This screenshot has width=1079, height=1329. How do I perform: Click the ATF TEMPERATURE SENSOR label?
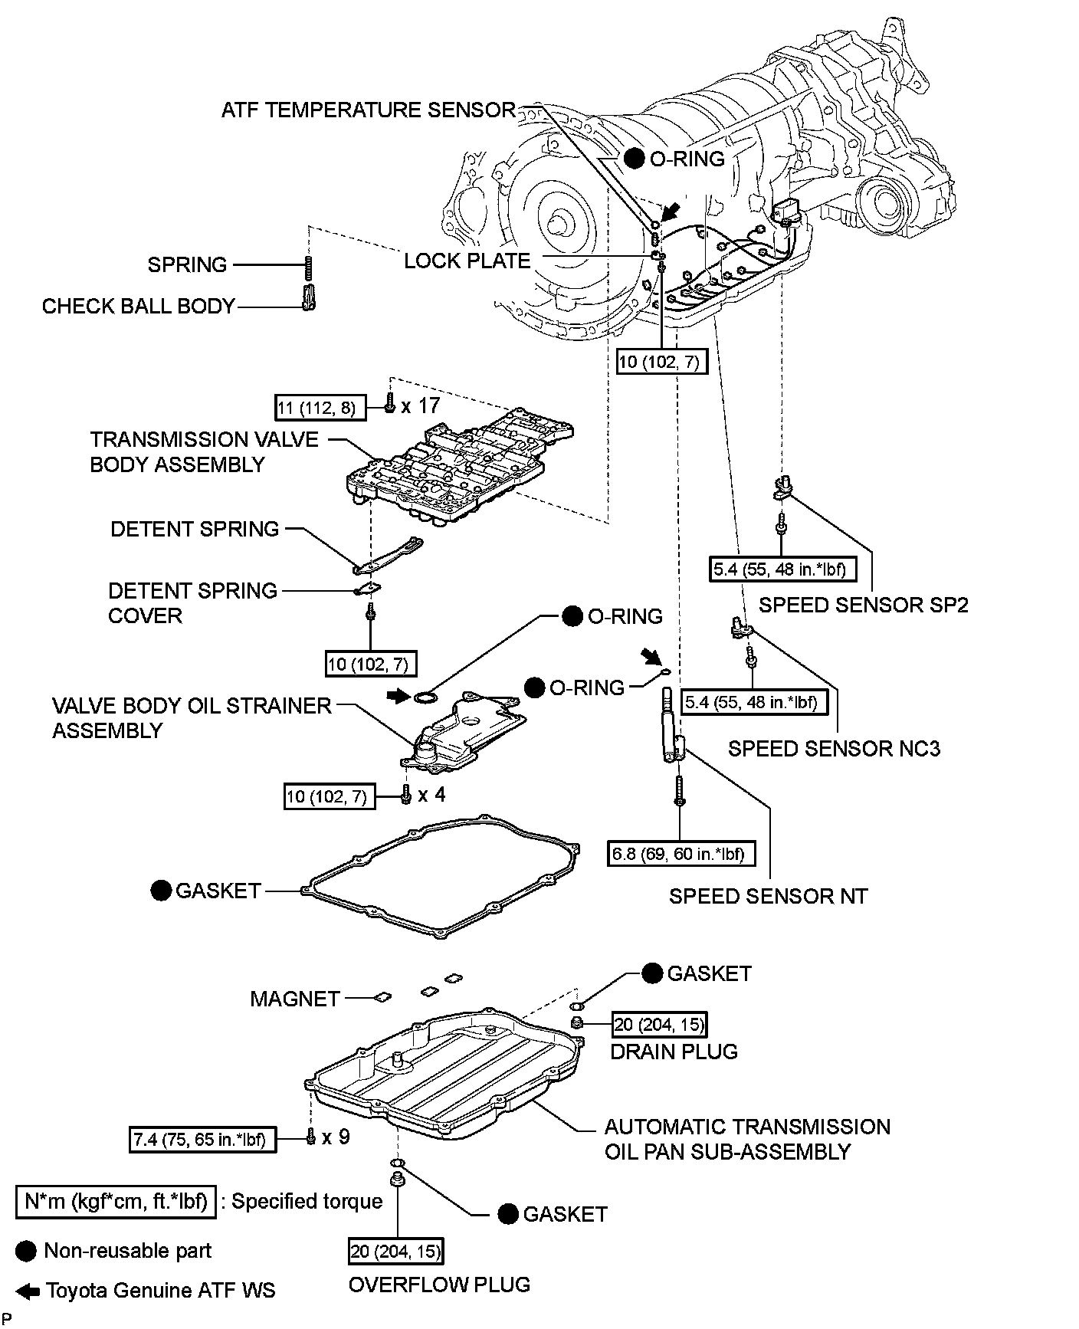click(369, 110)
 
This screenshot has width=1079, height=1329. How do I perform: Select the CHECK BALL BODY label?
click(138, 307)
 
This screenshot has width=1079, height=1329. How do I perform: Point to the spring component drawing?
click(309, 268)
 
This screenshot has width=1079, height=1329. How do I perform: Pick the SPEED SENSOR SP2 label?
click(864, 605)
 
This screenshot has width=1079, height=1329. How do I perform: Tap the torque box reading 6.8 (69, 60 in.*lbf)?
click(680, 853)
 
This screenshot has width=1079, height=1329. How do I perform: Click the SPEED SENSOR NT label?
click(769, 896)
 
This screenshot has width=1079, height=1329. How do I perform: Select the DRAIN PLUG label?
click(674, 1052)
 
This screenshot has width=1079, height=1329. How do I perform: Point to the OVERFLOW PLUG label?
click(440, 1285)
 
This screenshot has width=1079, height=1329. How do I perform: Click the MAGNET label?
click(295, 999)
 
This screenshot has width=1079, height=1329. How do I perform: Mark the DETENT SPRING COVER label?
click(192, 603)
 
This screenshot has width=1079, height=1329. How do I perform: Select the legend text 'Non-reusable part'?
click(128, 1251)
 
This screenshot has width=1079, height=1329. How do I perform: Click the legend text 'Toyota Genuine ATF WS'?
click(161, 1291)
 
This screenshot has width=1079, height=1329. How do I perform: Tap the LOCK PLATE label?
click(467, 261)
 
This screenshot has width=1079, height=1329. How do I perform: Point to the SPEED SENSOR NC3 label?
click(834, 749)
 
